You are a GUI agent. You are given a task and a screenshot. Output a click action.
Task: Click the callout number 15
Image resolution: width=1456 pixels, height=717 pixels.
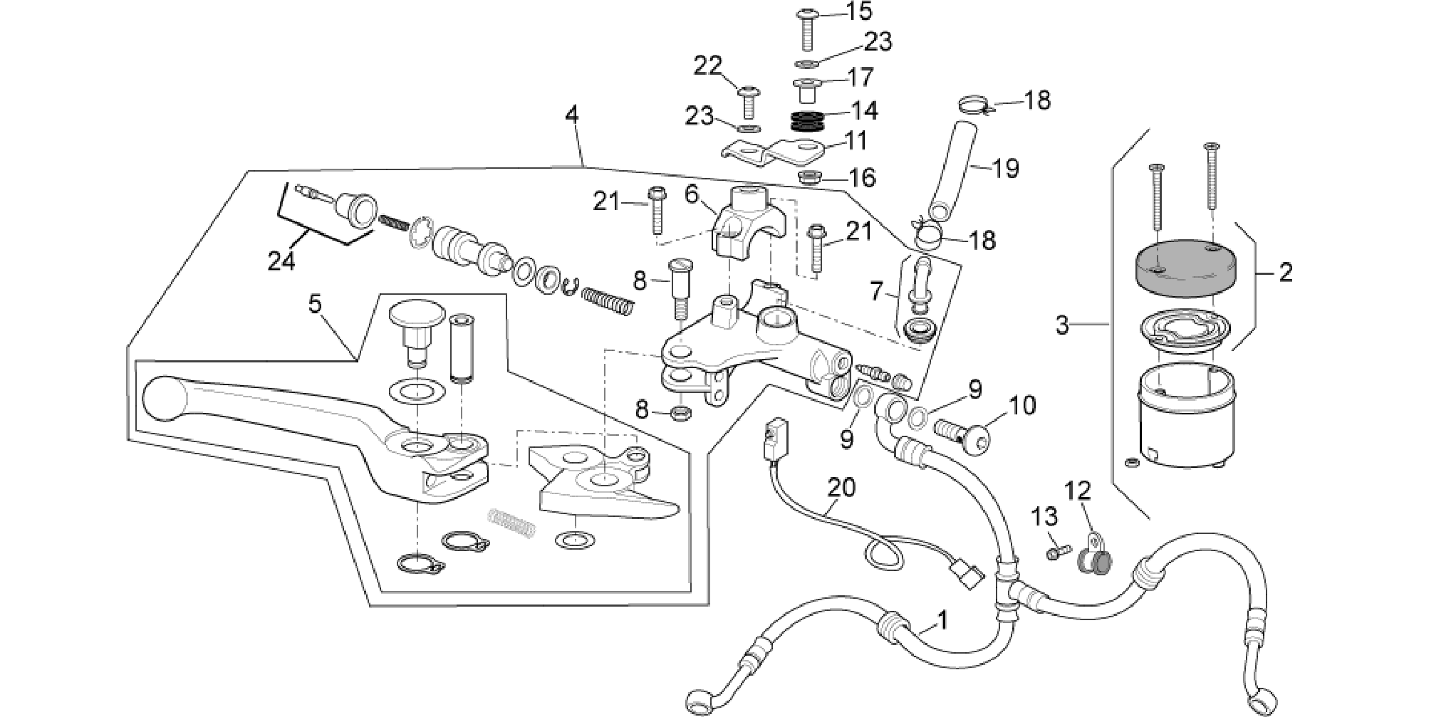click(x=859, y=11)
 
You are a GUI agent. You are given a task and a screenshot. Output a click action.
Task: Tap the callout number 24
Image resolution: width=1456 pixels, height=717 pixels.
click(x=281, y=262)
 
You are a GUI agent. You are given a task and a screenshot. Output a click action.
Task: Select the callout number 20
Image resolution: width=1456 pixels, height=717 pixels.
click(x=841, y=488)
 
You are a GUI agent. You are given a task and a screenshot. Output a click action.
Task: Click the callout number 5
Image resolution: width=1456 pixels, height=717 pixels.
click(x=315, y=304)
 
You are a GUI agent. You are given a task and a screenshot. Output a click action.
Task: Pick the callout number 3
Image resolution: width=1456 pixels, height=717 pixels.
click(x=1062, y=325)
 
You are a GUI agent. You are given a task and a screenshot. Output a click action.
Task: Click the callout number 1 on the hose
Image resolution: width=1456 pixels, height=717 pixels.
click(x=942, y=620)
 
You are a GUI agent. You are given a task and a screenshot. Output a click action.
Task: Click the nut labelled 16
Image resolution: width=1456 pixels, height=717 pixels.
click(x=808, y=177)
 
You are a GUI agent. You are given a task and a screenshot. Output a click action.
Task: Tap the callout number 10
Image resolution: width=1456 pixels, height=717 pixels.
click(x=1022, y=406)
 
